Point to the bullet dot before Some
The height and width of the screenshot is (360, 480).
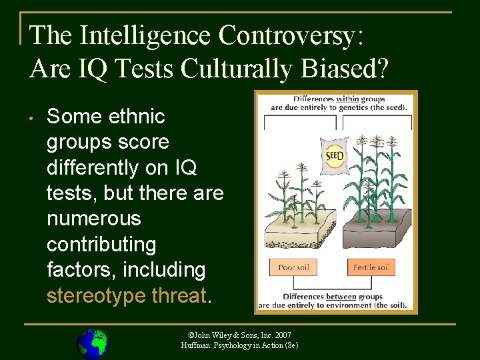(x=31, y=119)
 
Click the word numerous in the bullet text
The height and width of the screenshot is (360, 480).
(x=94, y=219)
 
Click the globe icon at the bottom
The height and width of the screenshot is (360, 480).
(x=92, y=343)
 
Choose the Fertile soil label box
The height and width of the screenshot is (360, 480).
(x=371, y=267)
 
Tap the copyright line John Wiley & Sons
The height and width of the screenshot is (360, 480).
(x=239, y=335)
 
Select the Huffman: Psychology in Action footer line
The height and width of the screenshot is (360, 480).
(x=239, y=345)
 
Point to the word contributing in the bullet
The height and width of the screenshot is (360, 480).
(x=101, y=244)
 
